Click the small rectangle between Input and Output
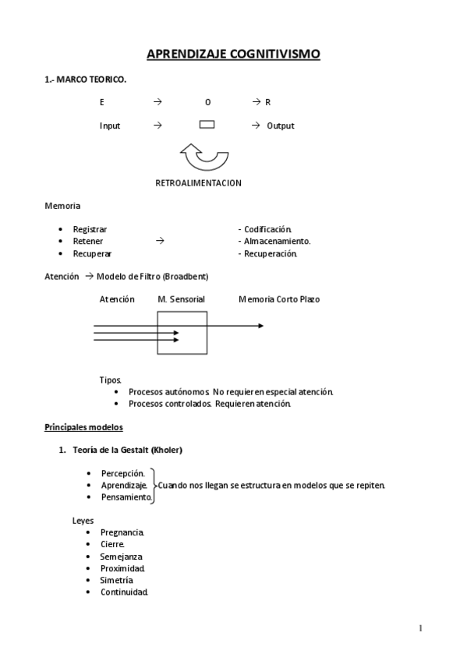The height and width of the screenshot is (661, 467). [x=207, y=125]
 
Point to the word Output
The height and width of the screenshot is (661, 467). [x=281, y=125]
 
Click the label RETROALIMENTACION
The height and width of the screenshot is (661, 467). [x=199, y=183]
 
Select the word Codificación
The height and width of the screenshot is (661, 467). [x=267, y=229]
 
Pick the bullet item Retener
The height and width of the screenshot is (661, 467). [x=87, y=242]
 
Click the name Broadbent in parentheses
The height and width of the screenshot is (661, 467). [x=186, y=276]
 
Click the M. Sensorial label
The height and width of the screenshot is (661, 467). [x=181, y=299]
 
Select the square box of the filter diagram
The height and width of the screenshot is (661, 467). [x=182, y=333]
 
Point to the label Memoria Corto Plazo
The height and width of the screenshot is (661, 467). [x=279, y=299]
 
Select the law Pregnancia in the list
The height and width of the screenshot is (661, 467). [x=122, y=532]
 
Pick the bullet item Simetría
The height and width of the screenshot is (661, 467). [x=117, y=581]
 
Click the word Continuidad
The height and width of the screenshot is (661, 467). [x=124, y=592]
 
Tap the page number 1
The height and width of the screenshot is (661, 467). [x=420, y=628]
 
